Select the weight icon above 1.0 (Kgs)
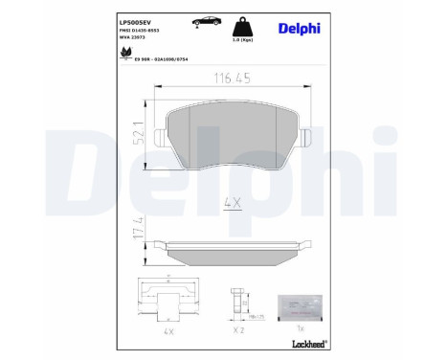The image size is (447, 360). pos(243,28)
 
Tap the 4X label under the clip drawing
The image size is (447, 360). pos(168,331)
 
